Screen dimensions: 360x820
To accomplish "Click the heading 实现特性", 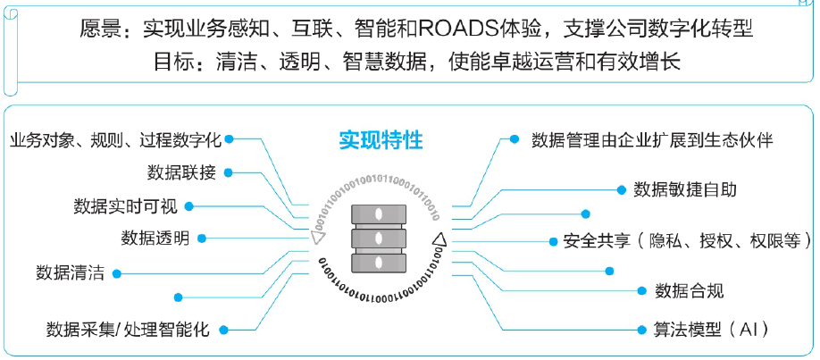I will (381, 140).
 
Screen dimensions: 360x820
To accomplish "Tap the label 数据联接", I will (181, 172).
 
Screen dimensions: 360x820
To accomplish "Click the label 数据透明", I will (155, 239).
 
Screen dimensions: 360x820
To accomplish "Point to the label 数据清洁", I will (70, 273).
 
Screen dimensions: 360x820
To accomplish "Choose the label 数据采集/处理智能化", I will (128, 330).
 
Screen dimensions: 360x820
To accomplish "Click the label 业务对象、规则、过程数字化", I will (115, 140).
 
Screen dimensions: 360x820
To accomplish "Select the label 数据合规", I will (690, 290).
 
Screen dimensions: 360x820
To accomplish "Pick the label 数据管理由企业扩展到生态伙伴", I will (652, 140).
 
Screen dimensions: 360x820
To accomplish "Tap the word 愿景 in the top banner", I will (100, 29).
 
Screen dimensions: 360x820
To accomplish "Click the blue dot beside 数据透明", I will (202, 239).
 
